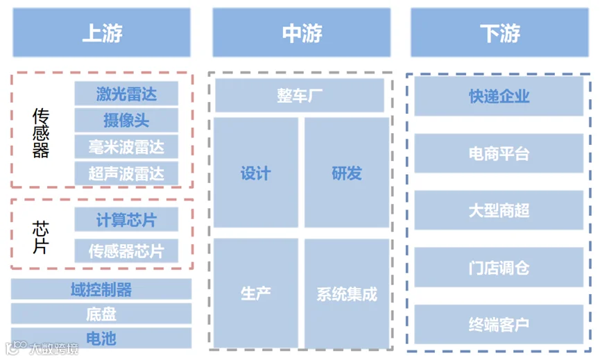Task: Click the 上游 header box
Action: pos(101,33)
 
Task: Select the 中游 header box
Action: pos(301,33)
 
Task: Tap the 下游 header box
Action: pos(499,33)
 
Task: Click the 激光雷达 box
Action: pos(126,94)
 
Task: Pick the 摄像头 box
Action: pos(126,120)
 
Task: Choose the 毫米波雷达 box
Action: pos(126,146)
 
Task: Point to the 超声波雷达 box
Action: pos(126,173)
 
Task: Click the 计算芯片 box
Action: pos(126,220)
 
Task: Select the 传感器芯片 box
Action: pos(126,250)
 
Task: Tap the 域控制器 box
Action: pos(101,289)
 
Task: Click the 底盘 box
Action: pos(101,314)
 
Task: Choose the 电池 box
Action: pos(101,338)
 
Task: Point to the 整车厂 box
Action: pos(300,96)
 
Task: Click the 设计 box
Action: pos(256,173)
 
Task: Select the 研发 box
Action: pos(347,173)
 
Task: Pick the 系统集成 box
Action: pos(347,293)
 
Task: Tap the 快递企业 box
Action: pos(499,96)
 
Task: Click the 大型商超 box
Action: pos(499,210)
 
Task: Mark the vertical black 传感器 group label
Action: pos(41,133)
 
